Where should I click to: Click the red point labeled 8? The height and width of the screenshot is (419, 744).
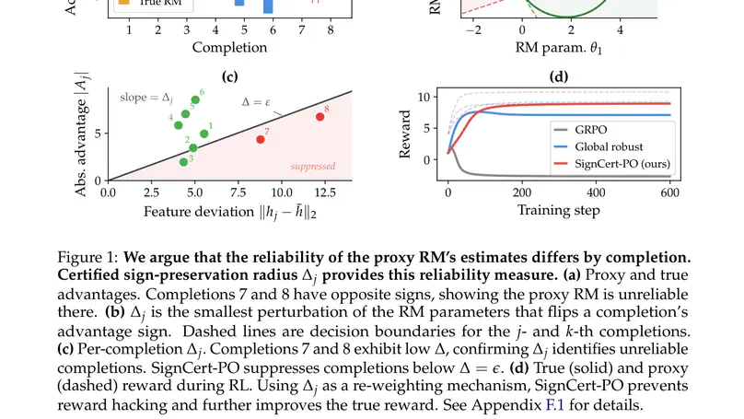[x=320, y=117]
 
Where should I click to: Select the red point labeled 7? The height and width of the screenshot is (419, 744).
[x=260, y=139]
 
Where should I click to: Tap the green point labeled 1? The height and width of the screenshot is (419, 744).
[x=203, y=134]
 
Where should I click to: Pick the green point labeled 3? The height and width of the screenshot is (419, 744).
[x=183, y=162]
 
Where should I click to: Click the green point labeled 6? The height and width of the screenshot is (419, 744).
[x=195, y=100]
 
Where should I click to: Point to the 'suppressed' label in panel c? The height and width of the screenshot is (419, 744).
[x=312, y=167]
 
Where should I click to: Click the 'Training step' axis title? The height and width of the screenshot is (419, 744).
[x=558, y=211]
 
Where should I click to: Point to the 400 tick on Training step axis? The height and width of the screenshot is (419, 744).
[x=596, y=193]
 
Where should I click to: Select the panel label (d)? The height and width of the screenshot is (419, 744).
[x=559, y=76]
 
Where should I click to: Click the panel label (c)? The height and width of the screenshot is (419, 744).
[x=230, y=76]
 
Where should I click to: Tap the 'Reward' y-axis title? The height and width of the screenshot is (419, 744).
[x=405, y=134]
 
